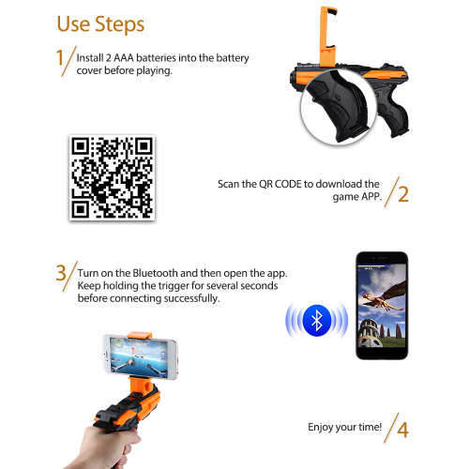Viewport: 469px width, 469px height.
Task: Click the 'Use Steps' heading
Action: [100, 24]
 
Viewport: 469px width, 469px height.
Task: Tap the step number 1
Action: [60, 58]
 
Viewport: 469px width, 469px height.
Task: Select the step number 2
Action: [403, 194]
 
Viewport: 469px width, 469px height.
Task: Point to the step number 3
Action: [61, 273]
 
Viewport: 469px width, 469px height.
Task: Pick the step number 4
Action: [402, 430]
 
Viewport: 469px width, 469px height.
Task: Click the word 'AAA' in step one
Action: [124, 58]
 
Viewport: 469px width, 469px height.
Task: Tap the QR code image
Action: [112, 177]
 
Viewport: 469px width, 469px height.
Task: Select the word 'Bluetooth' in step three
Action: [155, 273]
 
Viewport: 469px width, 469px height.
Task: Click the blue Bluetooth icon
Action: [317, 321]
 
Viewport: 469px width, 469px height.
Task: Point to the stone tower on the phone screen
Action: [370, 333]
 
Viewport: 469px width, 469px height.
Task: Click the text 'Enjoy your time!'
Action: [344, 428]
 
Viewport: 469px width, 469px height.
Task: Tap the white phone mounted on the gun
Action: [141, 356]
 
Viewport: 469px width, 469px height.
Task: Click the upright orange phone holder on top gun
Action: [328, 36]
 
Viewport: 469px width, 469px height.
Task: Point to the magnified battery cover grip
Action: [339, 107]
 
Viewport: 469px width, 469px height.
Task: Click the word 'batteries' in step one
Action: [156, 58]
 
